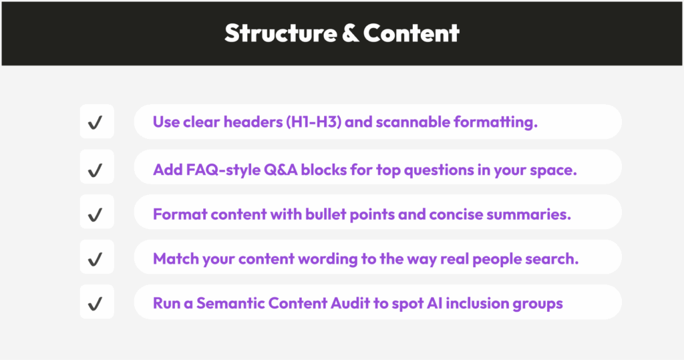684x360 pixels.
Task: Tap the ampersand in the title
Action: [350, 33]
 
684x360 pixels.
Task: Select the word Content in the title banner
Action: [411, 33]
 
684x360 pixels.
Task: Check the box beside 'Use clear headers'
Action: [97, 122]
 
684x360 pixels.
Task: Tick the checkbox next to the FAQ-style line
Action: [97, 167]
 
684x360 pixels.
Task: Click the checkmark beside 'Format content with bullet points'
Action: [95, 214]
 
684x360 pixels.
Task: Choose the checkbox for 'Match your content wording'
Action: [97, 257]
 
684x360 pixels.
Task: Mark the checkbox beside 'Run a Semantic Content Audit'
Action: [97, 302]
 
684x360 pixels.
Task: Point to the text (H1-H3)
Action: [314, 122]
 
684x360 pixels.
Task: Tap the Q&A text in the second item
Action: [281, 169]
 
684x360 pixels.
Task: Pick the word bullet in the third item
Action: [325, 214]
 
